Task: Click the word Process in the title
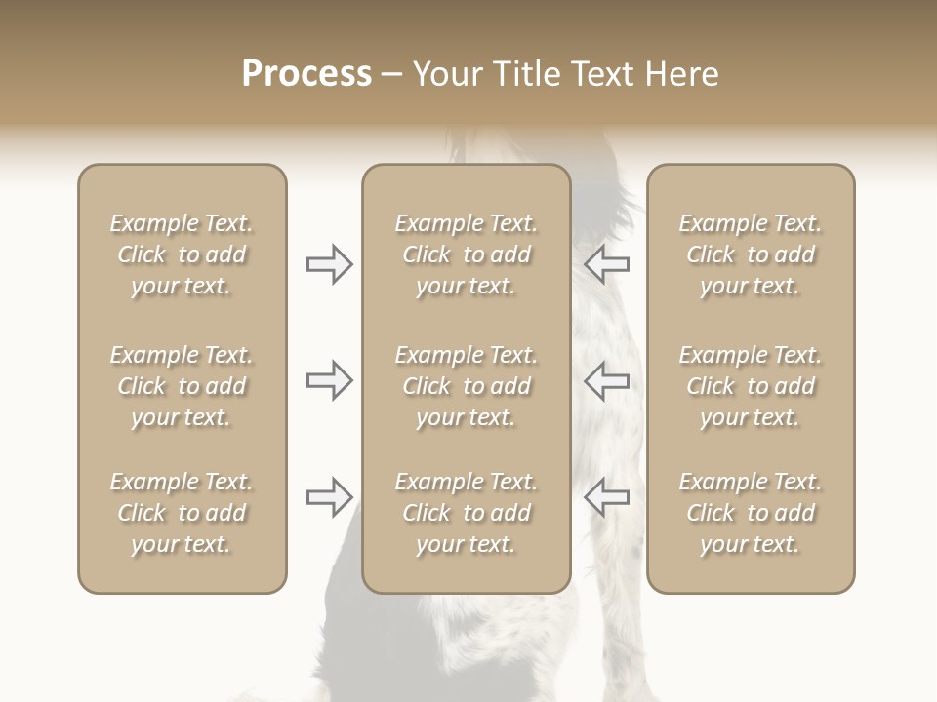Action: [x=306, y=74]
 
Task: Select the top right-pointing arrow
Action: [x=329, y=264]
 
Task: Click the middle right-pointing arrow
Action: [x=329, y=380]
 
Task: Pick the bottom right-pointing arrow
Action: [x=329, y=497]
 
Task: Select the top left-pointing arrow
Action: [x=607, y=264]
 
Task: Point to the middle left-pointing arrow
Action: [x=607, y=380]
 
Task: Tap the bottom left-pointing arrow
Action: [x=607, y=497]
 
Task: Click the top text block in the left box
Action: [x=182, y=254]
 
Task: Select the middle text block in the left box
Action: [x=182, y=386]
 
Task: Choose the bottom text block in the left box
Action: [x=182, y=513]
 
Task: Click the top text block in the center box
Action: [x=466, y=254]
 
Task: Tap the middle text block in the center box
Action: [x=466, y=386]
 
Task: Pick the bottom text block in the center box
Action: [x=466, y=513]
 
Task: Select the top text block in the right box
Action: [x=751, y=254]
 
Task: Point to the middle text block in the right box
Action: [x=751, y=386]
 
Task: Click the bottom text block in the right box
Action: [x=751, y=513]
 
